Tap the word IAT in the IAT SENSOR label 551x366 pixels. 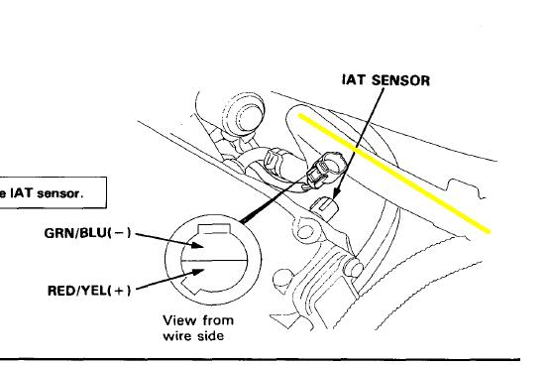(x=355, y=80)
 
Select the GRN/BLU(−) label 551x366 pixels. (x=88, y=233)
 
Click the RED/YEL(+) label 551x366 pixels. (x=89, y=291)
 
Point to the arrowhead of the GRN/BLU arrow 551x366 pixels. (x=197, y=244)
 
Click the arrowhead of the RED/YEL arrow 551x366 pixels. (x=197, y=273)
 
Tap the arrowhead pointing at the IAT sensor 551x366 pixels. (x=335, y=193)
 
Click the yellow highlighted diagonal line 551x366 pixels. (x=394, y=173)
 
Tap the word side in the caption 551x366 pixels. (x=210, y=336)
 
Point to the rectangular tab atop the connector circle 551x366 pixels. (x=214, y=228)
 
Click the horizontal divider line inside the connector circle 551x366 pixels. (x=214, y=261)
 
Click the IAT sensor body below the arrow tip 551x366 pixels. (x=325, y=205)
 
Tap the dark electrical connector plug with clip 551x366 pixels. (x=325, y=169)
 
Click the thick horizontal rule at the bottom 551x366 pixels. (x=260, y=360)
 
